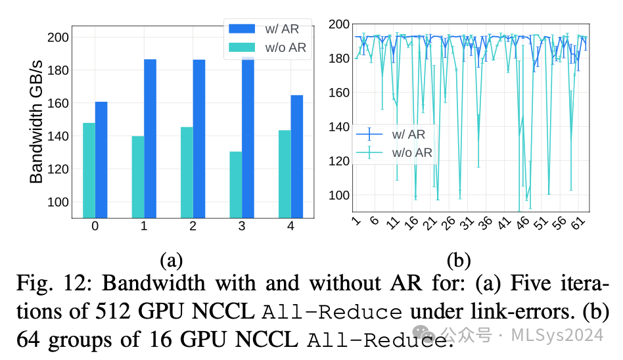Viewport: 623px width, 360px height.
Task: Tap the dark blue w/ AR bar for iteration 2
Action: pos(199,138)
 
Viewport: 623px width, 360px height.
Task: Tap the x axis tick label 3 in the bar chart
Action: pos(242,227)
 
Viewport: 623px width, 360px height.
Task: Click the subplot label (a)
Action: pos(172,260)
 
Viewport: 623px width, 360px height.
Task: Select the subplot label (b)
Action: pos(459,260)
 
